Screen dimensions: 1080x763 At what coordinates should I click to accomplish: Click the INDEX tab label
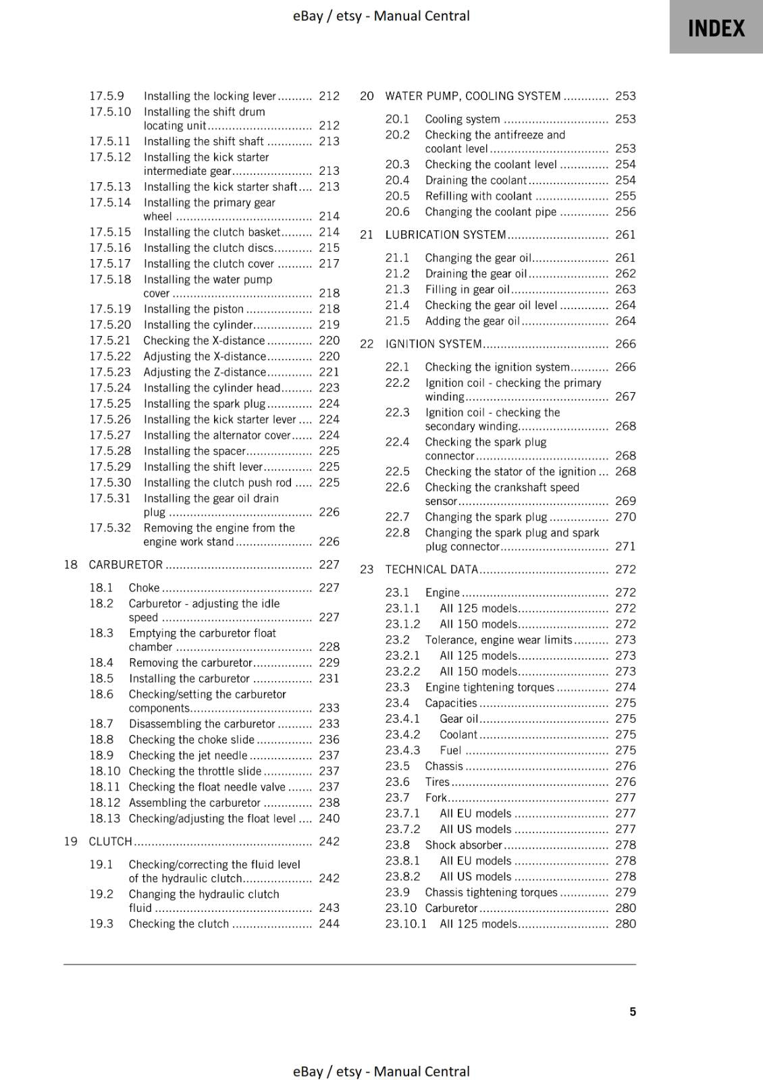coord(716,28)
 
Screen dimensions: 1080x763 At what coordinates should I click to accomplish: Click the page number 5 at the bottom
coord(633,1011)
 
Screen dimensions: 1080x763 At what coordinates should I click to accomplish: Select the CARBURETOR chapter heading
coord(126,564)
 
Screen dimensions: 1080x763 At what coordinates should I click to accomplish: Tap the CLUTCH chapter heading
coord(110,841)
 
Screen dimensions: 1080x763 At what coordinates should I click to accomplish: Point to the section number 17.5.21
coord(110,340)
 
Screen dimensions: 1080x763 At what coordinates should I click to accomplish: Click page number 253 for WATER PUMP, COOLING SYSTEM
coord(625,96)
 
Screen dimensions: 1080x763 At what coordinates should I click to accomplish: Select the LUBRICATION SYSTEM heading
coord(445,234)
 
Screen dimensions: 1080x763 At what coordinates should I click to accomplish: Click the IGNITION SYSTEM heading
coord(433,344)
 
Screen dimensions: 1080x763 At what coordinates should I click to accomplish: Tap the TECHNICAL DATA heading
coord(431,569)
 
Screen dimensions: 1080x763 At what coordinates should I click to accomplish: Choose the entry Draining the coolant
coord(475,180)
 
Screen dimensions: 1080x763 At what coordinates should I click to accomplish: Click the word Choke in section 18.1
coord(144,587)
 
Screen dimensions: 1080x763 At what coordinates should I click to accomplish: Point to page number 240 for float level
coord(329,818)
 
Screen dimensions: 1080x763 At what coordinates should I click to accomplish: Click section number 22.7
coord(397,516)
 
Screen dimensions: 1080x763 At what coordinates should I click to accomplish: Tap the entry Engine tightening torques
coord(489,687)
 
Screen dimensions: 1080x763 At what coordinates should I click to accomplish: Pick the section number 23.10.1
coord(406,923)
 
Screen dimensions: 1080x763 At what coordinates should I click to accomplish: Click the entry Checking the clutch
coord(179,923)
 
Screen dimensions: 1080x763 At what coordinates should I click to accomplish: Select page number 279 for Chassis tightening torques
coord(625,892)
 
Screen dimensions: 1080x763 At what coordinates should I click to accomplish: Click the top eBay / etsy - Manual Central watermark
coord(381,16)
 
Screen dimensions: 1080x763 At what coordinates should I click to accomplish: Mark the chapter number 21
coord(367,234)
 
